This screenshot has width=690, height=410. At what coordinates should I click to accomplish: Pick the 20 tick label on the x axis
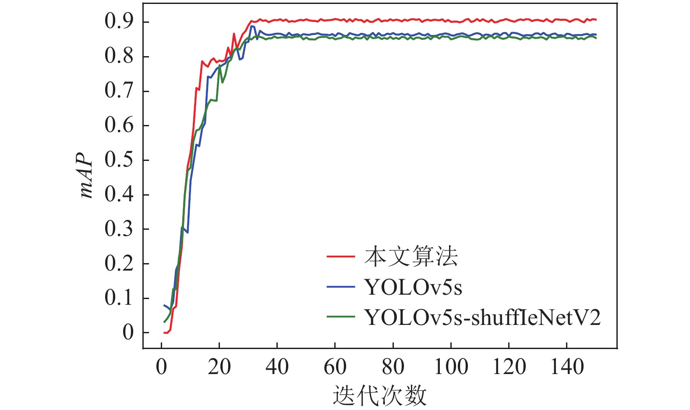coord(219,367)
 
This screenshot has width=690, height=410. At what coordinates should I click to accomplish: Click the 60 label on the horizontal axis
coord(335,367)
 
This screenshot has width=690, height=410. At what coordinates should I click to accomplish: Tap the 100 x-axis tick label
coord(451,367)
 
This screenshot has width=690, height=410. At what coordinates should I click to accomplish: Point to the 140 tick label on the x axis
coord(566,367)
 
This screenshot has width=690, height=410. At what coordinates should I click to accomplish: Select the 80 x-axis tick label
coord(393,367)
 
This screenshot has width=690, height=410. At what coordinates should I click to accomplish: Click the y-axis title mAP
coord(87,175)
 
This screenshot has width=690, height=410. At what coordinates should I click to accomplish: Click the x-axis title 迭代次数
coord(379,396)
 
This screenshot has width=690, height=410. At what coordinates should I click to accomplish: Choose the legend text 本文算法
coord(411,257)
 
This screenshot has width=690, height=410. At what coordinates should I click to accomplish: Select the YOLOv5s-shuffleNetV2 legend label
coord(482,317)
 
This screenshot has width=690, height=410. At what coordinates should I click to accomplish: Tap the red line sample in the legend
coord(340,256)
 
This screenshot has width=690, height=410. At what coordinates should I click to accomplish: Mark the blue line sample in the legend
coord(340,287)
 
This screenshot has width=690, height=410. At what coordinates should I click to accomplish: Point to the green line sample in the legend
coord(340,317)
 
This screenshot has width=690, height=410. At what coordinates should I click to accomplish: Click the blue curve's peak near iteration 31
coord(252,26)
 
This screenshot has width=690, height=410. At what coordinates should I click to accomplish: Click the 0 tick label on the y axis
coord(127,332)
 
